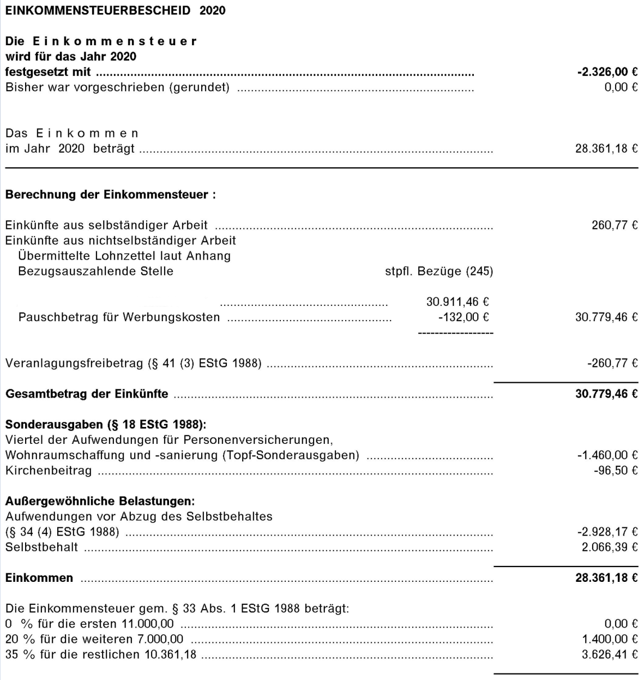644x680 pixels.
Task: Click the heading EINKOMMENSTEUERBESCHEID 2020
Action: [115, 10]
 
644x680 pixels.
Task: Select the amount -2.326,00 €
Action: [607, 71]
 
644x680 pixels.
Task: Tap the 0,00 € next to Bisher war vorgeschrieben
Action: [621, 87]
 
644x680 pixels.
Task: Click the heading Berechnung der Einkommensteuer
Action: [110, 195]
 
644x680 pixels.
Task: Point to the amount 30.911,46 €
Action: [457, 302]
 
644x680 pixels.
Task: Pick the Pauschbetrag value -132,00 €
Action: [463, 317]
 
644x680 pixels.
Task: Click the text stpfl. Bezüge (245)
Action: [438, 271]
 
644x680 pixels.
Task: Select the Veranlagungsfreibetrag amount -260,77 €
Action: [612, 363]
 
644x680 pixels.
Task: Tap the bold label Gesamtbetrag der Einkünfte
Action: [87, 394]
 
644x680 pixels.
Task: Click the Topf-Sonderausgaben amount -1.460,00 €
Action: [607, 455]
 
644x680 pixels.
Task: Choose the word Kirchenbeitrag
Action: [49, 471]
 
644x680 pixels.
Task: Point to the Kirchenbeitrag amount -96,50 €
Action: [616, 470]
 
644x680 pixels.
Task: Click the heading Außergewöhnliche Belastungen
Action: [100, 501]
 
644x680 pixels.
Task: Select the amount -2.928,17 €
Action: [607, 532]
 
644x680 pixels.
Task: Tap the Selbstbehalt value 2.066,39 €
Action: [609, 547]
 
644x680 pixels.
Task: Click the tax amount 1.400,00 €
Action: [609, 639]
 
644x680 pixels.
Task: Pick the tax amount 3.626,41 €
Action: [609, 654]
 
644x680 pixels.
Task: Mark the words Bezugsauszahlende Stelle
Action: [95, 271]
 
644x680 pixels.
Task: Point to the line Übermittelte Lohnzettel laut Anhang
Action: [124, 256]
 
